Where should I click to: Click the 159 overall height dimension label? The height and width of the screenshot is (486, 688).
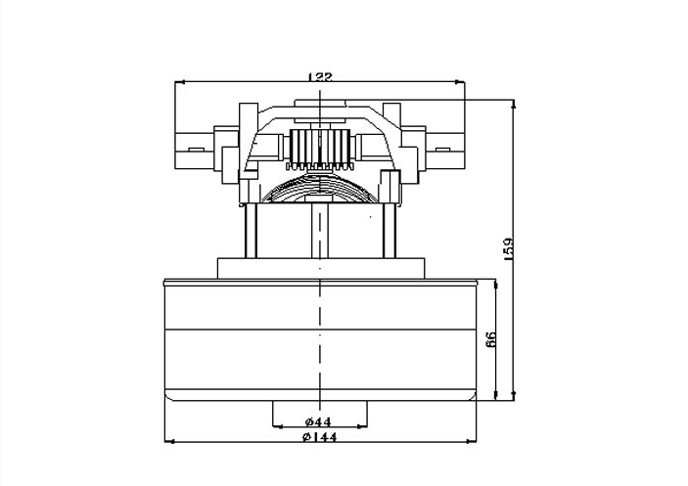(509, 249)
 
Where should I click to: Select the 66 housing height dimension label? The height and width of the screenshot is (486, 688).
(491, 339)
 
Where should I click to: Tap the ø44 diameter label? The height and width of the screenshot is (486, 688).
(318, 421)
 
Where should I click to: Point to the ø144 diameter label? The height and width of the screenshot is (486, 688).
(320, 437)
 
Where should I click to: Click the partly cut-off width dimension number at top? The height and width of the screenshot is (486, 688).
(320, 77)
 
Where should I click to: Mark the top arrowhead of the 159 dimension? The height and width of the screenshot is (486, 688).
(514, 104)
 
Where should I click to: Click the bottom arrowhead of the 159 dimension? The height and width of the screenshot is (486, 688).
(514, 396)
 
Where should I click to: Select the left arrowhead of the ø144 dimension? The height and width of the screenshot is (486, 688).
(169, 442)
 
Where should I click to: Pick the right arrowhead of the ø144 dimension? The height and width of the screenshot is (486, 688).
(472, 442)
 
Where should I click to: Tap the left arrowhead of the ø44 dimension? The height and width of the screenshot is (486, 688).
(277, 425)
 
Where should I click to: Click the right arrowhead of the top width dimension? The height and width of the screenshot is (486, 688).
(460, 81)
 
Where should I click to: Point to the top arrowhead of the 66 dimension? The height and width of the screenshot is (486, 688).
(496, 285)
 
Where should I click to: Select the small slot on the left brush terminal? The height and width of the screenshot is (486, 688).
(196, 150)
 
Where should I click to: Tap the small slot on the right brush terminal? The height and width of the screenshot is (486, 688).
(442, 150)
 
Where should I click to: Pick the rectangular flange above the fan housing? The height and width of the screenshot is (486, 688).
(321, 268)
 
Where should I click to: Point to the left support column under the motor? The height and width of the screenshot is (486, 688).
(251, 231)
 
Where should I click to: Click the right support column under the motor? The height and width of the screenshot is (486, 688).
(390, 231)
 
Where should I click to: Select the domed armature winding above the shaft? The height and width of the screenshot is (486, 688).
(320, 188)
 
